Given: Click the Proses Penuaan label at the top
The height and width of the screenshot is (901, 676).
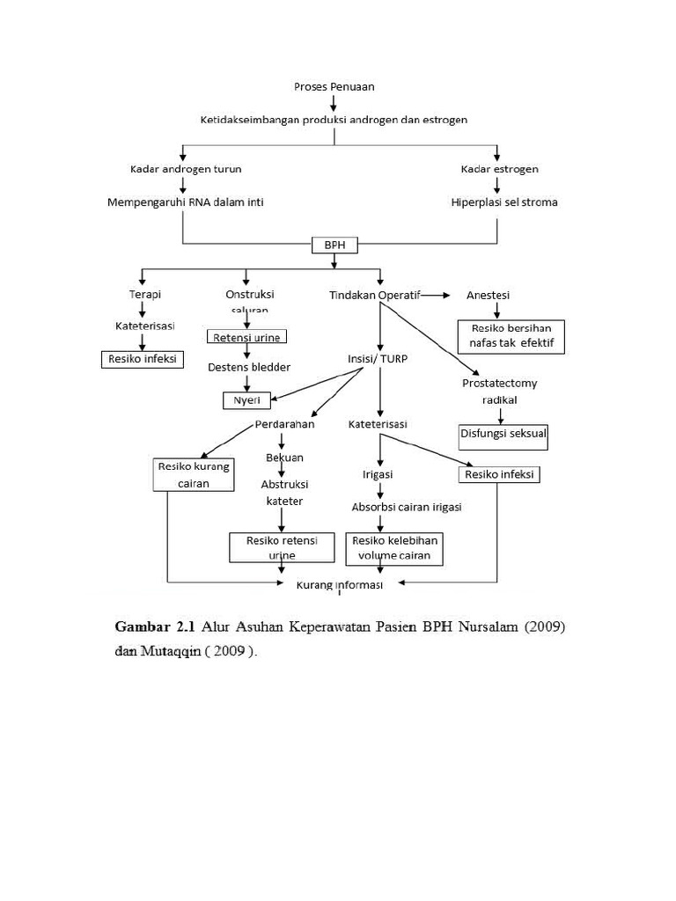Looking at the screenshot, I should [334, 86].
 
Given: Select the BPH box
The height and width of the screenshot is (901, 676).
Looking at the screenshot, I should [334, 245].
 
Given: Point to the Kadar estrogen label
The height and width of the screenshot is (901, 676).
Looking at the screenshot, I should [499, 169].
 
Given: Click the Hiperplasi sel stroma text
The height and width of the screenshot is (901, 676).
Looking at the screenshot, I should [503, 202].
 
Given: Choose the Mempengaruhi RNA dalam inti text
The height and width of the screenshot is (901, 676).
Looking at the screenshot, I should [186, 202].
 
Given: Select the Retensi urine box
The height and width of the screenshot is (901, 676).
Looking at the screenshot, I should [246, 337].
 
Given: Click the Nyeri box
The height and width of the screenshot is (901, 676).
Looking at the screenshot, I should [246, 400].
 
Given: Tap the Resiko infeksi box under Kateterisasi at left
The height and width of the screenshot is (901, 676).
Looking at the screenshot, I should [142, 359].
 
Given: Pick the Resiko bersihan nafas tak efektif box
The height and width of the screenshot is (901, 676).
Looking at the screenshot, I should [511, 335].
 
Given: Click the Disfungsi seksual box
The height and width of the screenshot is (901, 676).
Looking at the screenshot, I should [503, 436].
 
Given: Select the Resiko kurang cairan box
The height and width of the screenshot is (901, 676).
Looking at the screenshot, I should [193, 475].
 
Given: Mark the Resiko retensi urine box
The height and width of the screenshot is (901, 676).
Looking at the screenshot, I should [282, 547].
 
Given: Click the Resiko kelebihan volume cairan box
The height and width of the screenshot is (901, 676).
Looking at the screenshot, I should [394, 547].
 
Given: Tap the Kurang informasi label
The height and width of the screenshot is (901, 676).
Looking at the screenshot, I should [339, 585].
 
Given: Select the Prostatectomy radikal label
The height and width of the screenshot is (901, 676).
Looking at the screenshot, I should [499, 392].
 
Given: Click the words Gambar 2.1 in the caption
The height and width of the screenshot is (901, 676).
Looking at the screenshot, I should [154, 627].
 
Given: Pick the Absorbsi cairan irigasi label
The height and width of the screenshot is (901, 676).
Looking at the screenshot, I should [407, 508].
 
